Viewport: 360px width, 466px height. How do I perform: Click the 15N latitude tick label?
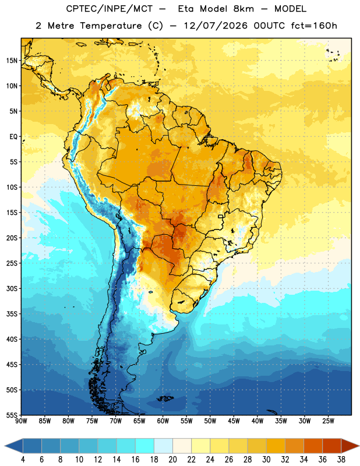tap(12, 61)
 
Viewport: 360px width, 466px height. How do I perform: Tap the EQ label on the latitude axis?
tap(13, 137)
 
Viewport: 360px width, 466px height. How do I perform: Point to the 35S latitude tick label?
tap(12, 314)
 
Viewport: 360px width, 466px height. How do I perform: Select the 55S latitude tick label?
tap(12, 415)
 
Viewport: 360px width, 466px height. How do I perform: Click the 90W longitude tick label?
tap(21, 421)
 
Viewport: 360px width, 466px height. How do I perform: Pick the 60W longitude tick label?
tap(163, 421)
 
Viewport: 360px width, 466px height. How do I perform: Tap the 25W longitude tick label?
tap(328, 421)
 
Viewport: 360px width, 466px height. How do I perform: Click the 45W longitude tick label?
tap(234, 421)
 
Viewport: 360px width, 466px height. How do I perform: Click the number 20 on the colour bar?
tap(172, 460)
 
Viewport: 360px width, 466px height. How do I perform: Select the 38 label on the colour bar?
tap(341, 460)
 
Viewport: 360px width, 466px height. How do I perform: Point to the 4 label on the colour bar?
tap(23, 460)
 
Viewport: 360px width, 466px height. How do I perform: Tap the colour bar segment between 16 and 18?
tap(144, 446)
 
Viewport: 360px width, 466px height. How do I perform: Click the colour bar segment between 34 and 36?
tap(313, 446)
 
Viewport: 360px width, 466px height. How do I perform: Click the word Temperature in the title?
tap(111, 26)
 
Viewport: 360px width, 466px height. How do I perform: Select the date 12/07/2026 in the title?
tap(216, 26)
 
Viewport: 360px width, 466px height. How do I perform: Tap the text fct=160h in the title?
tap(314, 26)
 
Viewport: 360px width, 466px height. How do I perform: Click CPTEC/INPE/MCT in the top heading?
tap(110, 9)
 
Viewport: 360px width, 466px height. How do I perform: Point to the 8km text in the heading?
tap(243, 9)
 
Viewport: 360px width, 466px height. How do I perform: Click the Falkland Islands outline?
tap(165, 398)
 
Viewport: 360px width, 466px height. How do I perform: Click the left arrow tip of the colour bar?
tap(5, 446)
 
